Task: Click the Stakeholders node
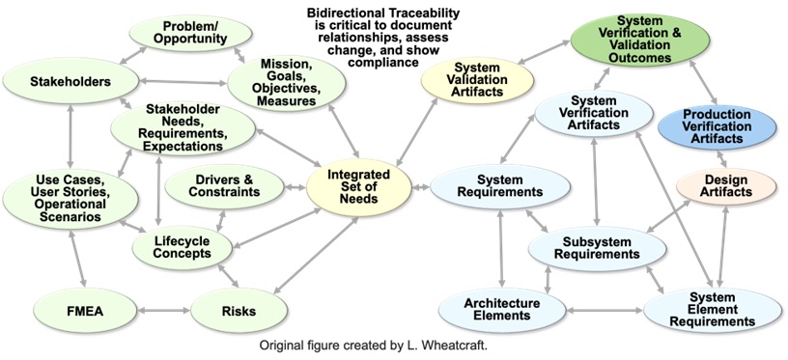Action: point(70,81)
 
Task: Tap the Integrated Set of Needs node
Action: point(358,187)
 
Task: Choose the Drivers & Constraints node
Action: point(225,186)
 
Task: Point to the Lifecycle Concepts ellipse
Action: point(182,246)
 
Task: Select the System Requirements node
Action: point(500,185)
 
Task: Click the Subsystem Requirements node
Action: point(598,247)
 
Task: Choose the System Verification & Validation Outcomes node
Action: point(639,40)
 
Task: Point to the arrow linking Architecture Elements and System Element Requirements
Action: point(605,311)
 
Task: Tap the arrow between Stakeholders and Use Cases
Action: point(70,137)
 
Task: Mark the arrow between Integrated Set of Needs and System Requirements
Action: point(421,187)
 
